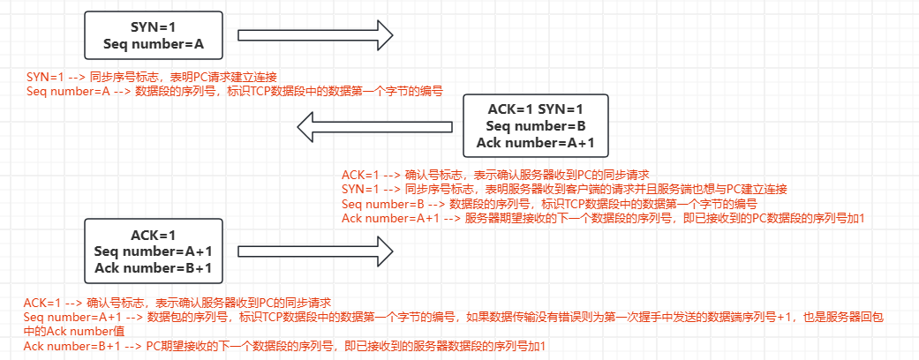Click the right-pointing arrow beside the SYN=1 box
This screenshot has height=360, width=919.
point(315,35)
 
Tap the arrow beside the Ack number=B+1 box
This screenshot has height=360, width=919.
point(315,251)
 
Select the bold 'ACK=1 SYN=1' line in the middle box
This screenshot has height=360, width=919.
point(536,109)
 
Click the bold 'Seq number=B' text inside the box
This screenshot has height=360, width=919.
point(536,126)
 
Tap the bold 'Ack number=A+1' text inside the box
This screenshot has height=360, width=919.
point(536,142)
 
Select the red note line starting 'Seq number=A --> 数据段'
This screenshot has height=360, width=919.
point(234,91)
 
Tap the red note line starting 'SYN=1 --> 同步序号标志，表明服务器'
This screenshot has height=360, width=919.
point(564,189)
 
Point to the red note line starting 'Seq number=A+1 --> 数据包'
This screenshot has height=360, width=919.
point(459,317)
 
